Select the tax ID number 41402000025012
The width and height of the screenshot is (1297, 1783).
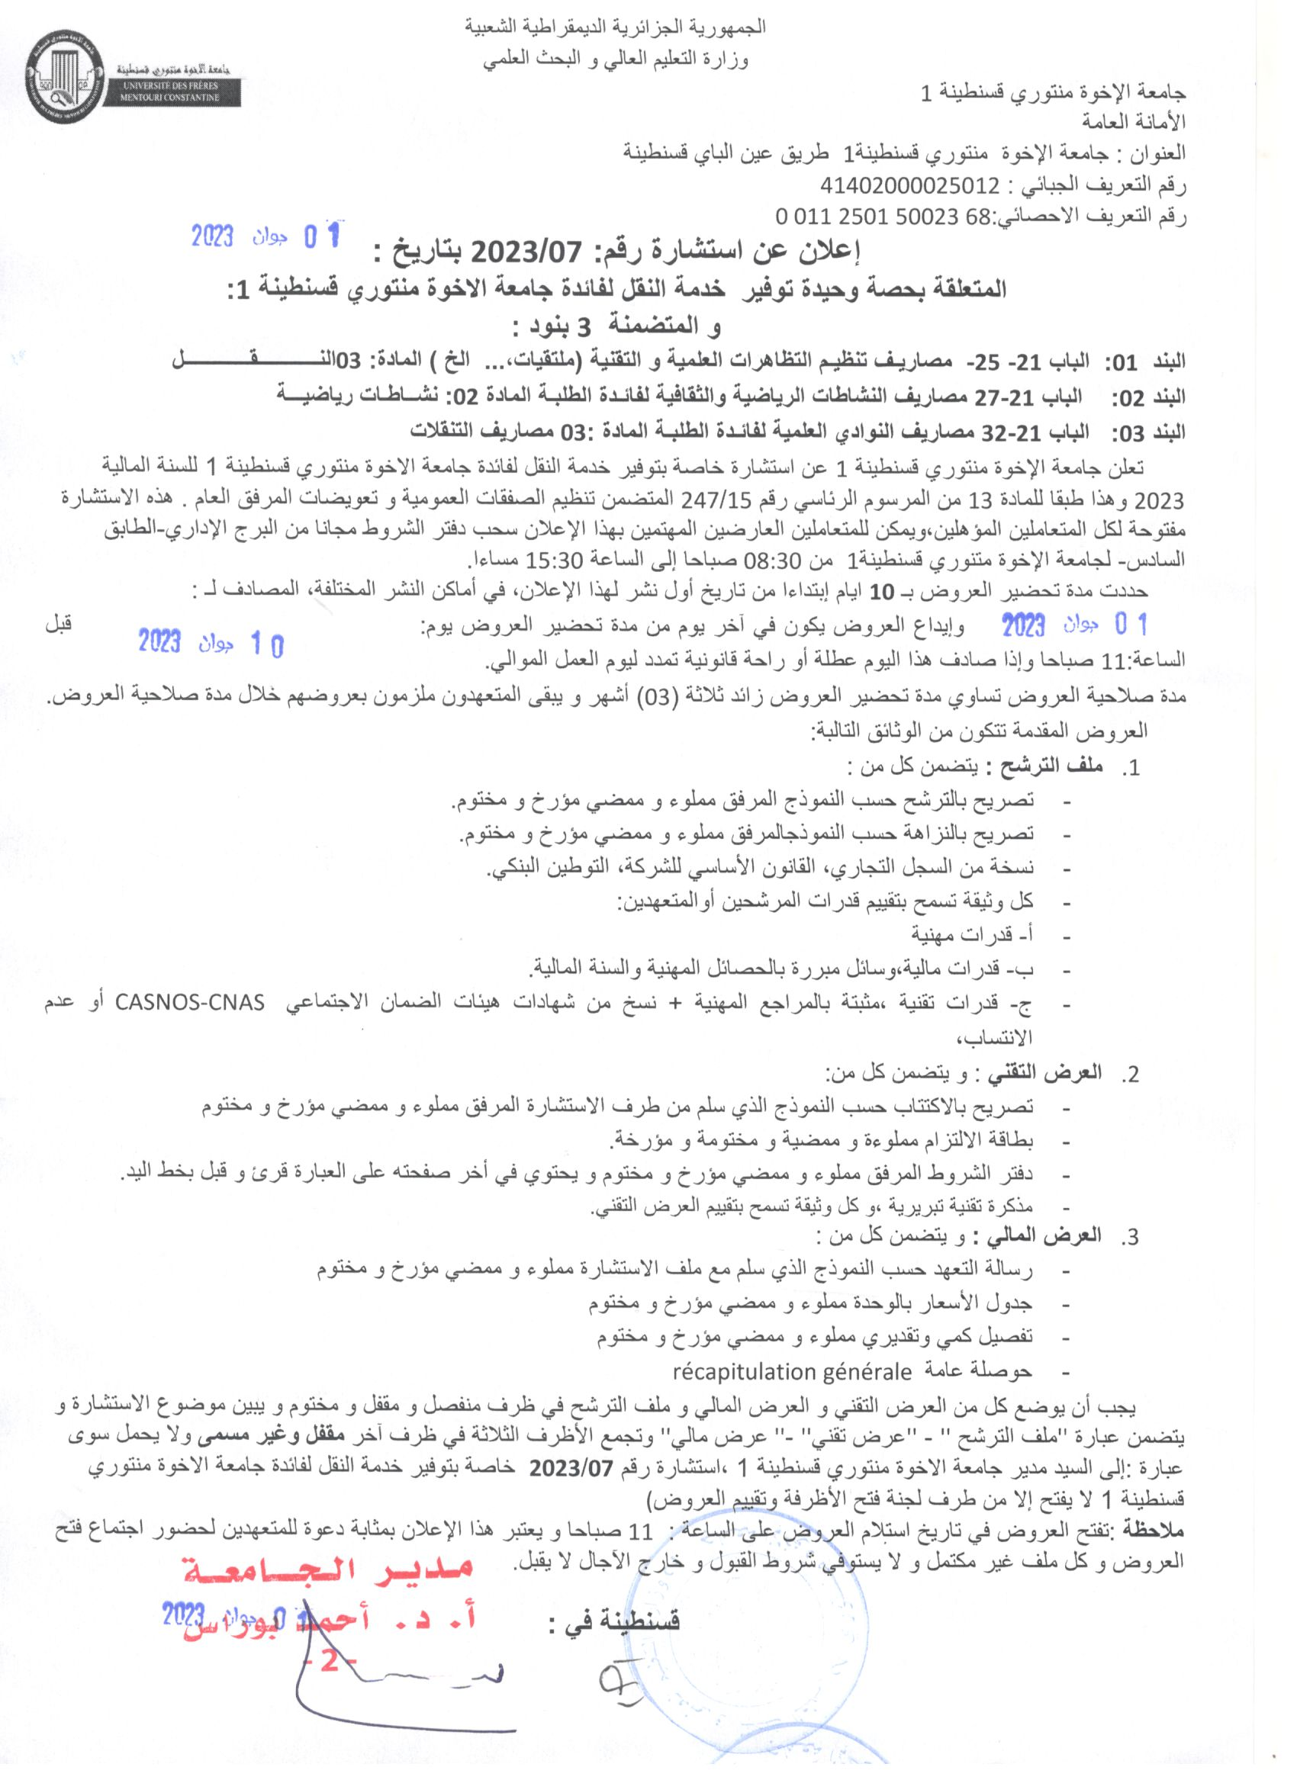coord(909,185)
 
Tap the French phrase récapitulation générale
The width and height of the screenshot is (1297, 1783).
coord(791,1372)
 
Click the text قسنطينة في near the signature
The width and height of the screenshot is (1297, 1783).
coord(613,1621)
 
